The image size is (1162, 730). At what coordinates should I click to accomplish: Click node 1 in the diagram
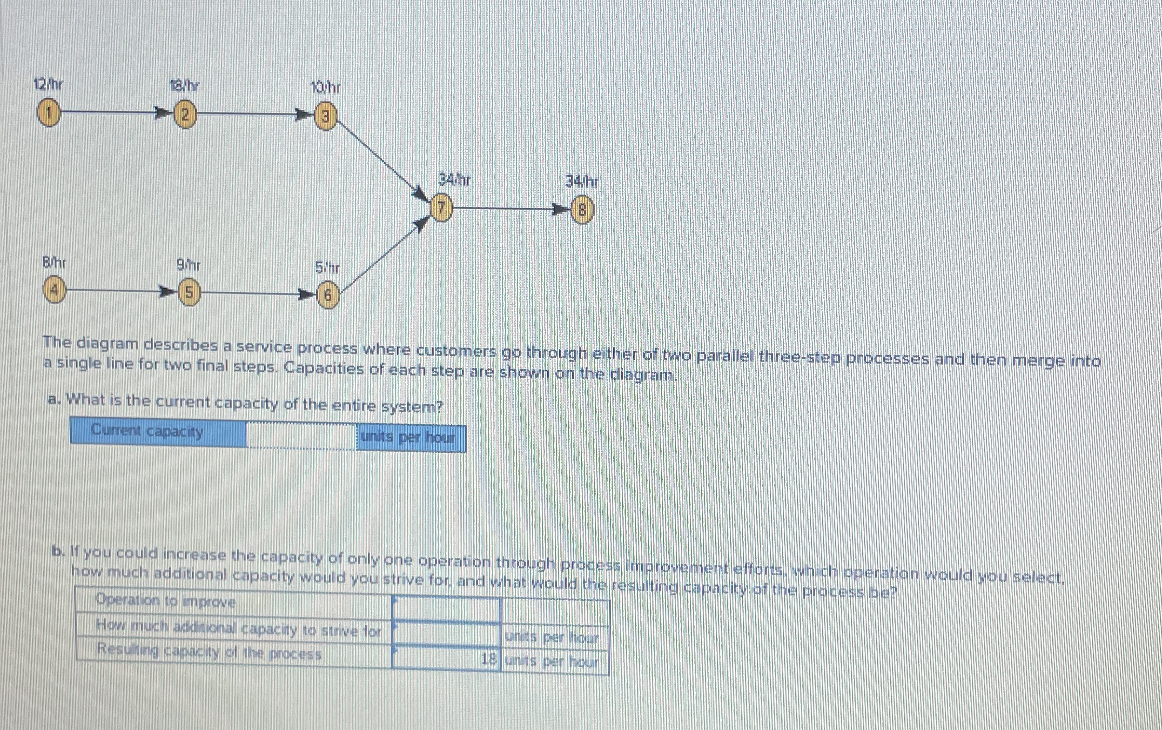point(49,113)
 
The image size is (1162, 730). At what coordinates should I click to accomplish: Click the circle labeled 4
point(55,291)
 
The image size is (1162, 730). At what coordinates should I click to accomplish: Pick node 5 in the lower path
point(188,293)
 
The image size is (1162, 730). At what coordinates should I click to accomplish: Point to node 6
point(327,296)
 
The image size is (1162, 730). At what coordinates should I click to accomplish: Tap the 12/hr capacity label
point(48,85)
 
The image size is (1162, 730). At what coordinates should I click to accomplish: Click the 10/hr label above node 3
point(325,88)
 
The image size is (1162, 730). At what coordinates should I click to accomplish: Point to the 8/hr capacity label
point(54,263)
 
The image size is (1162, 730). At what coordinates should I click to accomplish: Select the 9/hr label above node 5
point(189,265)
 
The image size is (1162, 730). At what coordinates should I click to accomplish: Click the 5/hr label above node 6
point(327,267)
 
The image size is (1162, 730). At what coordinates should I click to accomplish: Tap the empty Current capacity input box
point(301,436)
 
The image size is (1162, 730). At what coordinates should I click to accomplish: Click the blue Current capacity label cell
point(158,433)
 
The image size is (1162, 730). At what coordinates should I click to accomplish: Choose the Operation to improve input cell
point(446,609)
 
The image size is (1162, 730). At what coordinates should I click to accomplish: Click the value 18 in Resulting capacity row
point(488,659)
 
